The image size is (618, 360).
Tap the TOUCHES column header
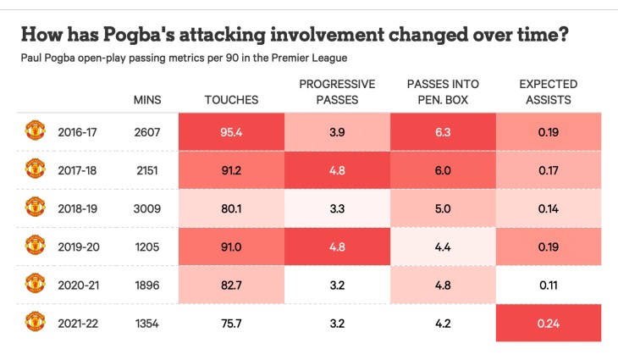pos(231,100)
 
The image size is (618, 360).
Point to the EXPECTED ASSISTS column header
pos(548,91)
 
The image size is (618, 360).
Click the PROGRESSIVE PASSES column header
pos(336,91)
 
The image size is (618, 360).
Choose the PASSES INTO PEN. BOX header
pos(442,91)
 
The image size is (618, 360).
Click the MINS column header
pos(147,100)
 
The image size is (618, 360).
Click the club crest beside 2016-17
pos(35,130)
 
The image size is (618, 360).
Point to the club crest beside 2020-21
pos(35,284)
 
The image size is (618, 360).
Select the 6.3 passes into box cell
pos(442,131)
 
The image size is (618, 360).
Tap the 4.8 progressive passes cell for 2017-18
pos(336,169)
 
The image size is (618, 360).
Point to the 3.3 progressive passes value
pos(336,208)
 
